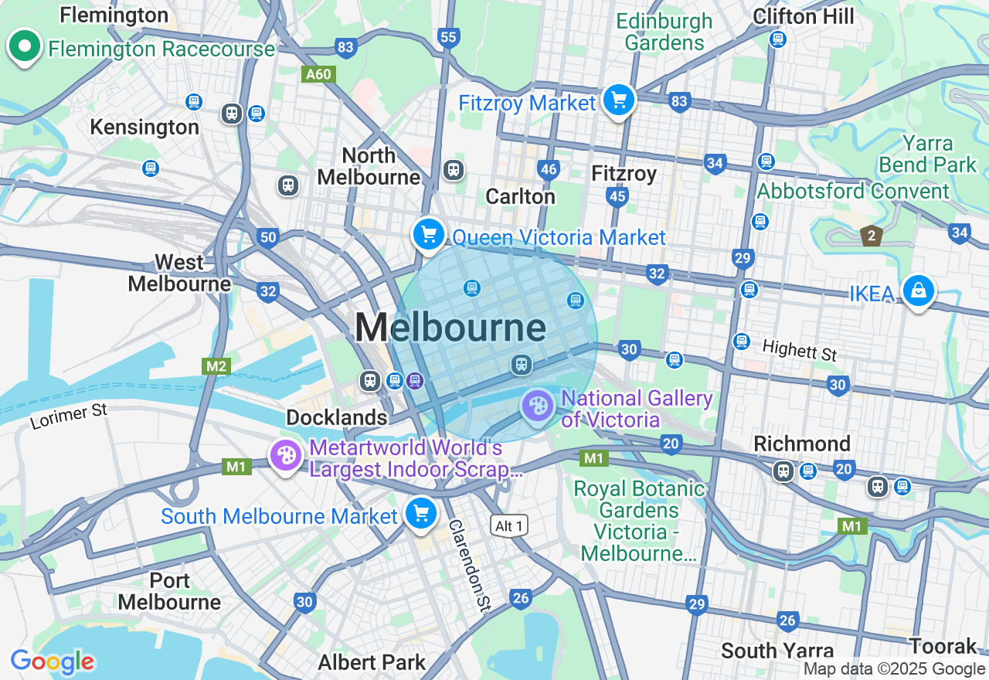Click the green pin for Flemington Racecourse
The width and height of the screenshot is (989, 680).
pos(25,47)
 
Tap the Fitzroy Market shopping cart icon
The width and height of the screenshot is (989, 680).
pos(618,100)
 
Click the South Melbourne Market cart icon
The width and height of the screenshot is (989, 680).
pos(421,514)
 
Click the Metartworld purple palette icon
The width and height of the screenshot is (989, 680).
pos(286,456)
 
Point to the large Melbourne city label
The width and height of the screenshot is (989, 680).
pos(450,328)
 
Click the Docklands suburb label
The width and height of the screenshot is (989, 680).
pos(337,418)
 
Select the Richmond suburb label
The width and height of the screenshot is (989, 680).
pos(802,444)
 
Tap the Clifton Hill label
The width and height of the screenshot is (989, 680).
pos(804,16)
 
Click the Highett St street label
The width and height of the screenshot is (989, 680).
pos(800,350)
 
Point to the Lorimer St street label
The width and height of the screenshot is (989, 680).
pos(69,416)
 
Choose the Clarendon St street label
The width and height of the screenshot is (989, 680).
pos(470,564)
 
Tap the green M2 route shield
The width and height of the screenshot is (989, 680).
pos(216,365)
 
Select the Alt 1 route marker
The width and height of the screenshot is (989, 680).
pos(510,526)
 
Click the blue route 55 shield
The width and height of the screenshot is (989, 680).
pos(448,37)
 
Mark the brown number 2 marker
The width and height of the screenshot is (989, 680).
pos(872,236)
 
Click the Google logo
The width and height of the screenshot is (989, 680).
pos(52,661)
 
